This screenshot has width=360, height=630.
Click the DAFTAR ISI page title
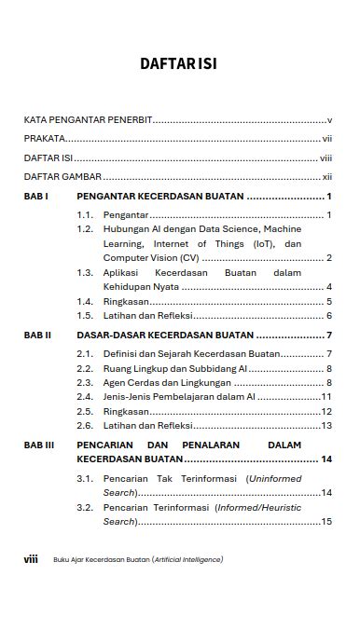click(179, 64)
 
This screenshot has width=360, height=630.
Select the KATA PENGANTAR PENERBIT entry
click(88, 120)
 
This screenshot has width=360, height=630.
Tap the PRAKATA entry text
click(44, 139)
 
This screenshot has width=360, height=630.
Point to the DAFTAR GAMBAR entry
click(62, 176)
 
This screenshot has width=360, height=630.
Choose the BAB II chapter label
click(37, 335)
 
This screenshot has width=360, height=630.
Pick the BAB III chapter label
click(39, 445)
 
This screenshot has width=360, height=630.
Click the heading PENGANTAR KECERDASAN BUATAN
click(160, 197)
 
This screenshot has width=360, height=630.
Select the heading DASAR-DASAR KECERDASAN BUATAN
click(165, 335)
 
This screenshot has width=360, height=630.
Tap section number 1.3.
click(85, 273)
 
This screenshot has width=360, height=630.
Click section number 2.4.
click(85, 397)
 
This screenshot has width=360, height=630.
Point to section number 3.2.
click(85, 508)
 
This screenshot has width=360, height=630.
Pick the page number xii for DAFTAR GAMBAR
click(327, 176)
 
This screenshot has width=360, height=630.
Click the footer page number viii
click(31, 559)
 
